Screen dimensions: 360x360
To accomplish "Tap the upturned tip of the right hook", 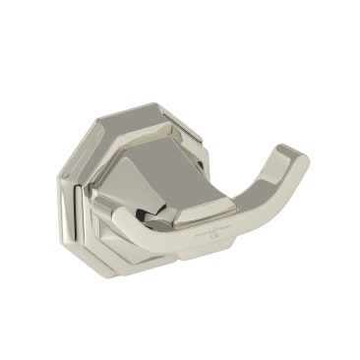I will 292,157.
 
